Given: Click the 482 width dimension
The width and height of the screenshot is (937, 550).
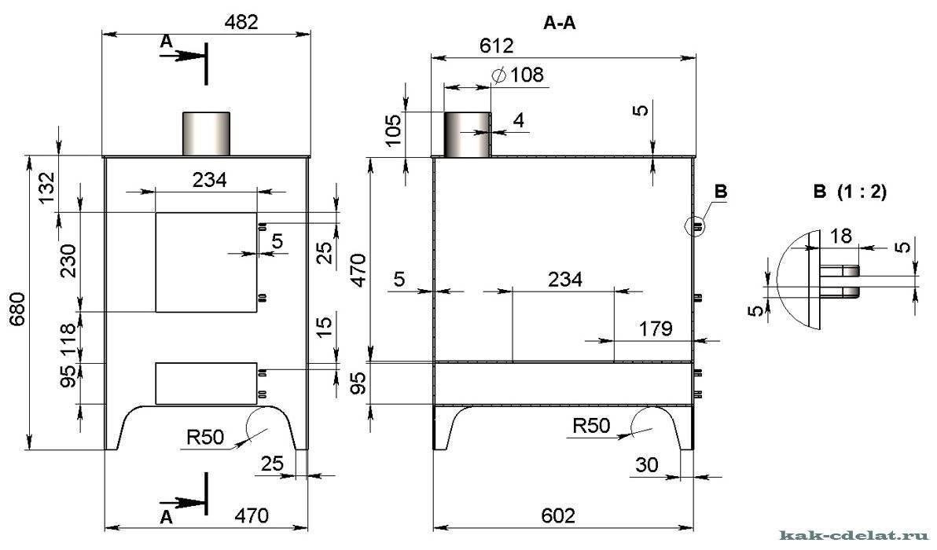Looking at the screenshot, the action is coord(241,22).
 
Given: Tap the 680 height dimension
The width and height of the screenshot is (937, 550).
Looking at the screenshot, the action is coord(17,310).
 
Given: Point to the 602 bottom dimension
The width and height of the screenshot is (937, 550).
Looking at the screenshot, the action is coord(558,515).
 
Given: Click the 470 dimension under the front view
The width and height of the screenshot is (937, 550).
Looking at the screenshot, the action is coord(251,515).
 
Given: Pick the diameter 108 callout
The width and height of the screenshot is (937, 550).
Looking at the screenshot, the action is coord(517,75).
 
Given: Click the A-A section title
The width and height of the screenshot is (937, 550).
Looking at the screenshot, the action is coord(560,23).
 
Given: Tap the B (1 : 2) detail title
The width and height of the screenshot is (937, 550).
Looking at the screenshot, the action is coord(850,192).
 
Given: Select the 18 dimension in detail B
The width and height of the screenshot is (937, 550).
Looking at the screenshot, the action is coord(841,236).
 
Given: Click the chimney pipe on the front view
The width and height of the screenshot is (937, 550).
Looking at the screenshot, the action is coord(206,134).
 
